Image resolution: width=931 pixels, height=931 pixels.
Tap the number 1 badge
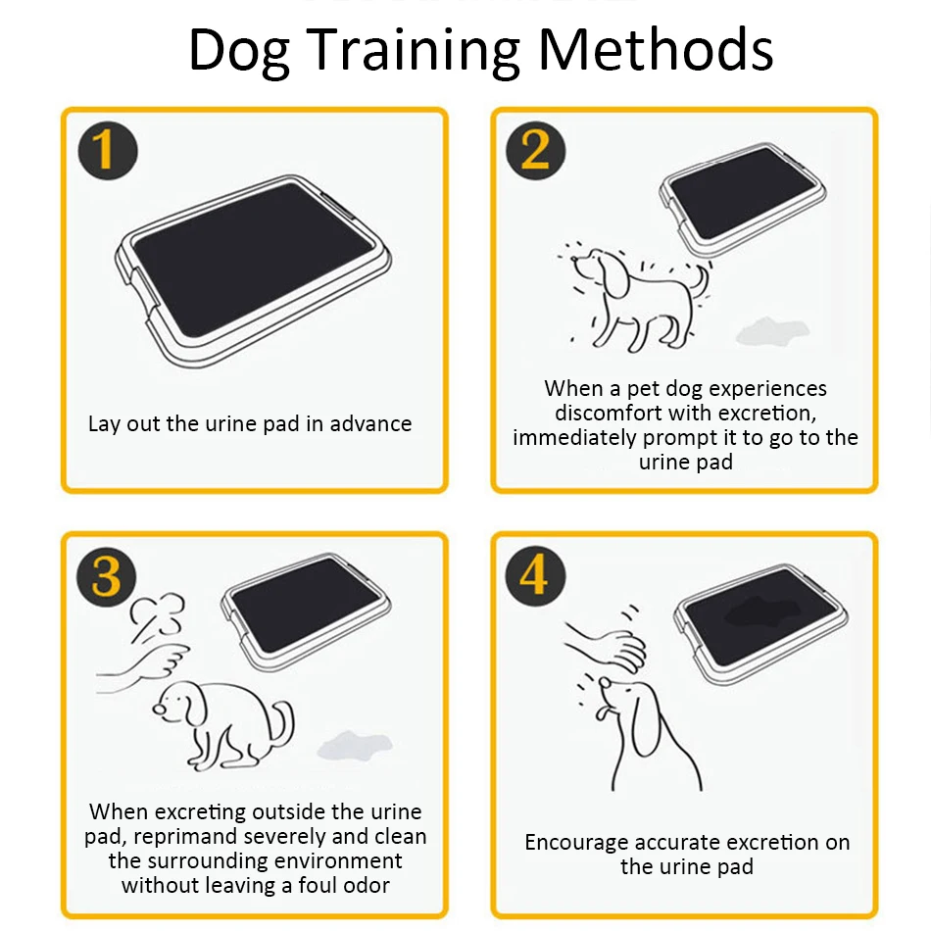pyautogui.click(x=108, y=150)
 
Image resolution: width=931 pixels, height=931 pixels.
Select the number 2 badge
pyautogui.click(x=535, y=150)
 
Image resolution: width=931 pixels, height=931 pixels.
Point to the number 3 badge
pyautogui.click(x=107, y=576)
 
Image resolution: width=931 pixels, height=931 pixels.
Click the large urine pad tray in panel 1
pyautogui.click(x=252, y=270)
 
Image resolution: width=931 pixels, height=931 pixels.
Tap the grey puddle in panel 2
pyautogui.click(x=772, y=331)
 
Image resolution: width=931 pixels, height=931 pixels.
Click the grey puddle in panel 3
pyautogui.click(x=355, y=746)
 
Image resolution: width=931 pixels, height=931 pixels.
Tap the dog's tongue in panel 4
pyautogui.click(x=602, y=711)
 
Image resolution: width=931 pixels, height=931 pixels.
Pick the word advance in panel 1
pyautogui.click(x=370, y=424)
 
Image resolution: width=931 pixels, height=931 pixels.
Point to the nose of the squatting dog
pyautogui.click(x=159, y=709)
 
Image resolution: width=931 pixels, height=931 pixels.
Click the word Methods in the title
pyautogui.click(x=656, y=50)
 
